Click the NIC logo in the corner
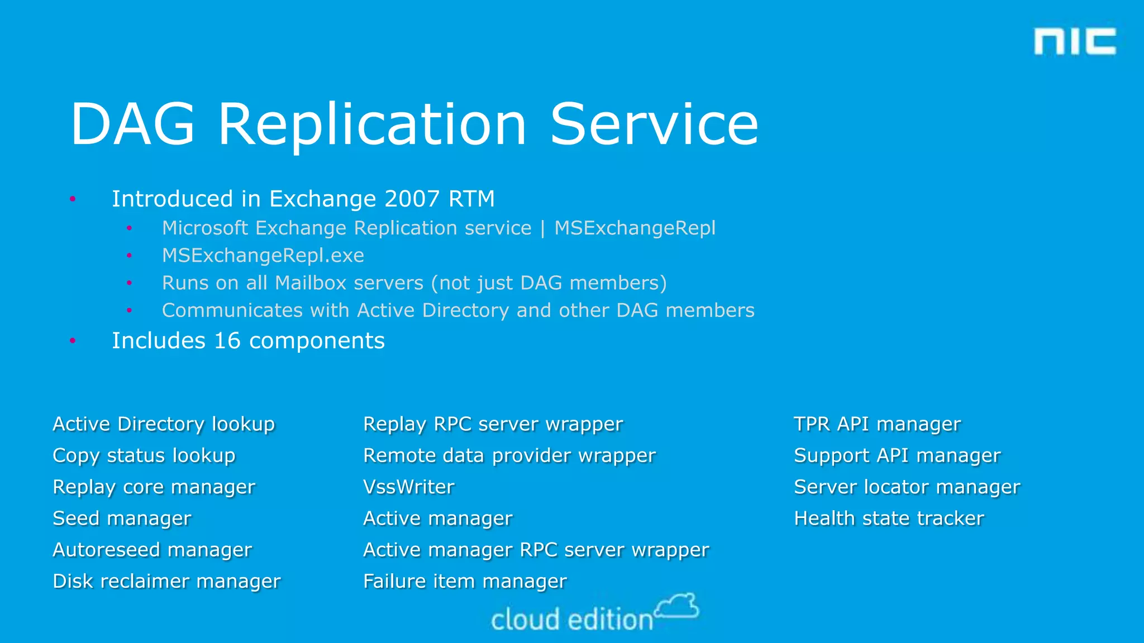coord(1074,41)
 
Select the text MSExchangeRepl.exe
coord(263,256)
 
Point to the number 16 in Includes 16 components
coord(227,341)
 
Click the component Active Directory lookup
coord(164,424)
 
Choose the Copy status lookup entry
coord(144,455)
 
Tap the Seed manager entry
coord(122,519)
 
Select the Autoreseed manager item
coord(152,550)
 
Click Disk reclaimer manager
coord(166,581)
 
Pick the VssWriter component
coord(409,487)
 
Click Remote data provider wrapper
coord(509,455)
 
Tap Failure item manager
coord(465,581)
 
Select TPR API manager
coord(877,424)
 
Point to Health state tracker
coord(889,519)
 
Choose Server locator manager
coord(907,487)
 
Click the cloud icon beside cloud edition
coord(677,606)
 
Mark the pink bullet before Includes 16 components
coord(73,340)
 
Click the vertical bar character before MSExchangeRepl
coord(542,228)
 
